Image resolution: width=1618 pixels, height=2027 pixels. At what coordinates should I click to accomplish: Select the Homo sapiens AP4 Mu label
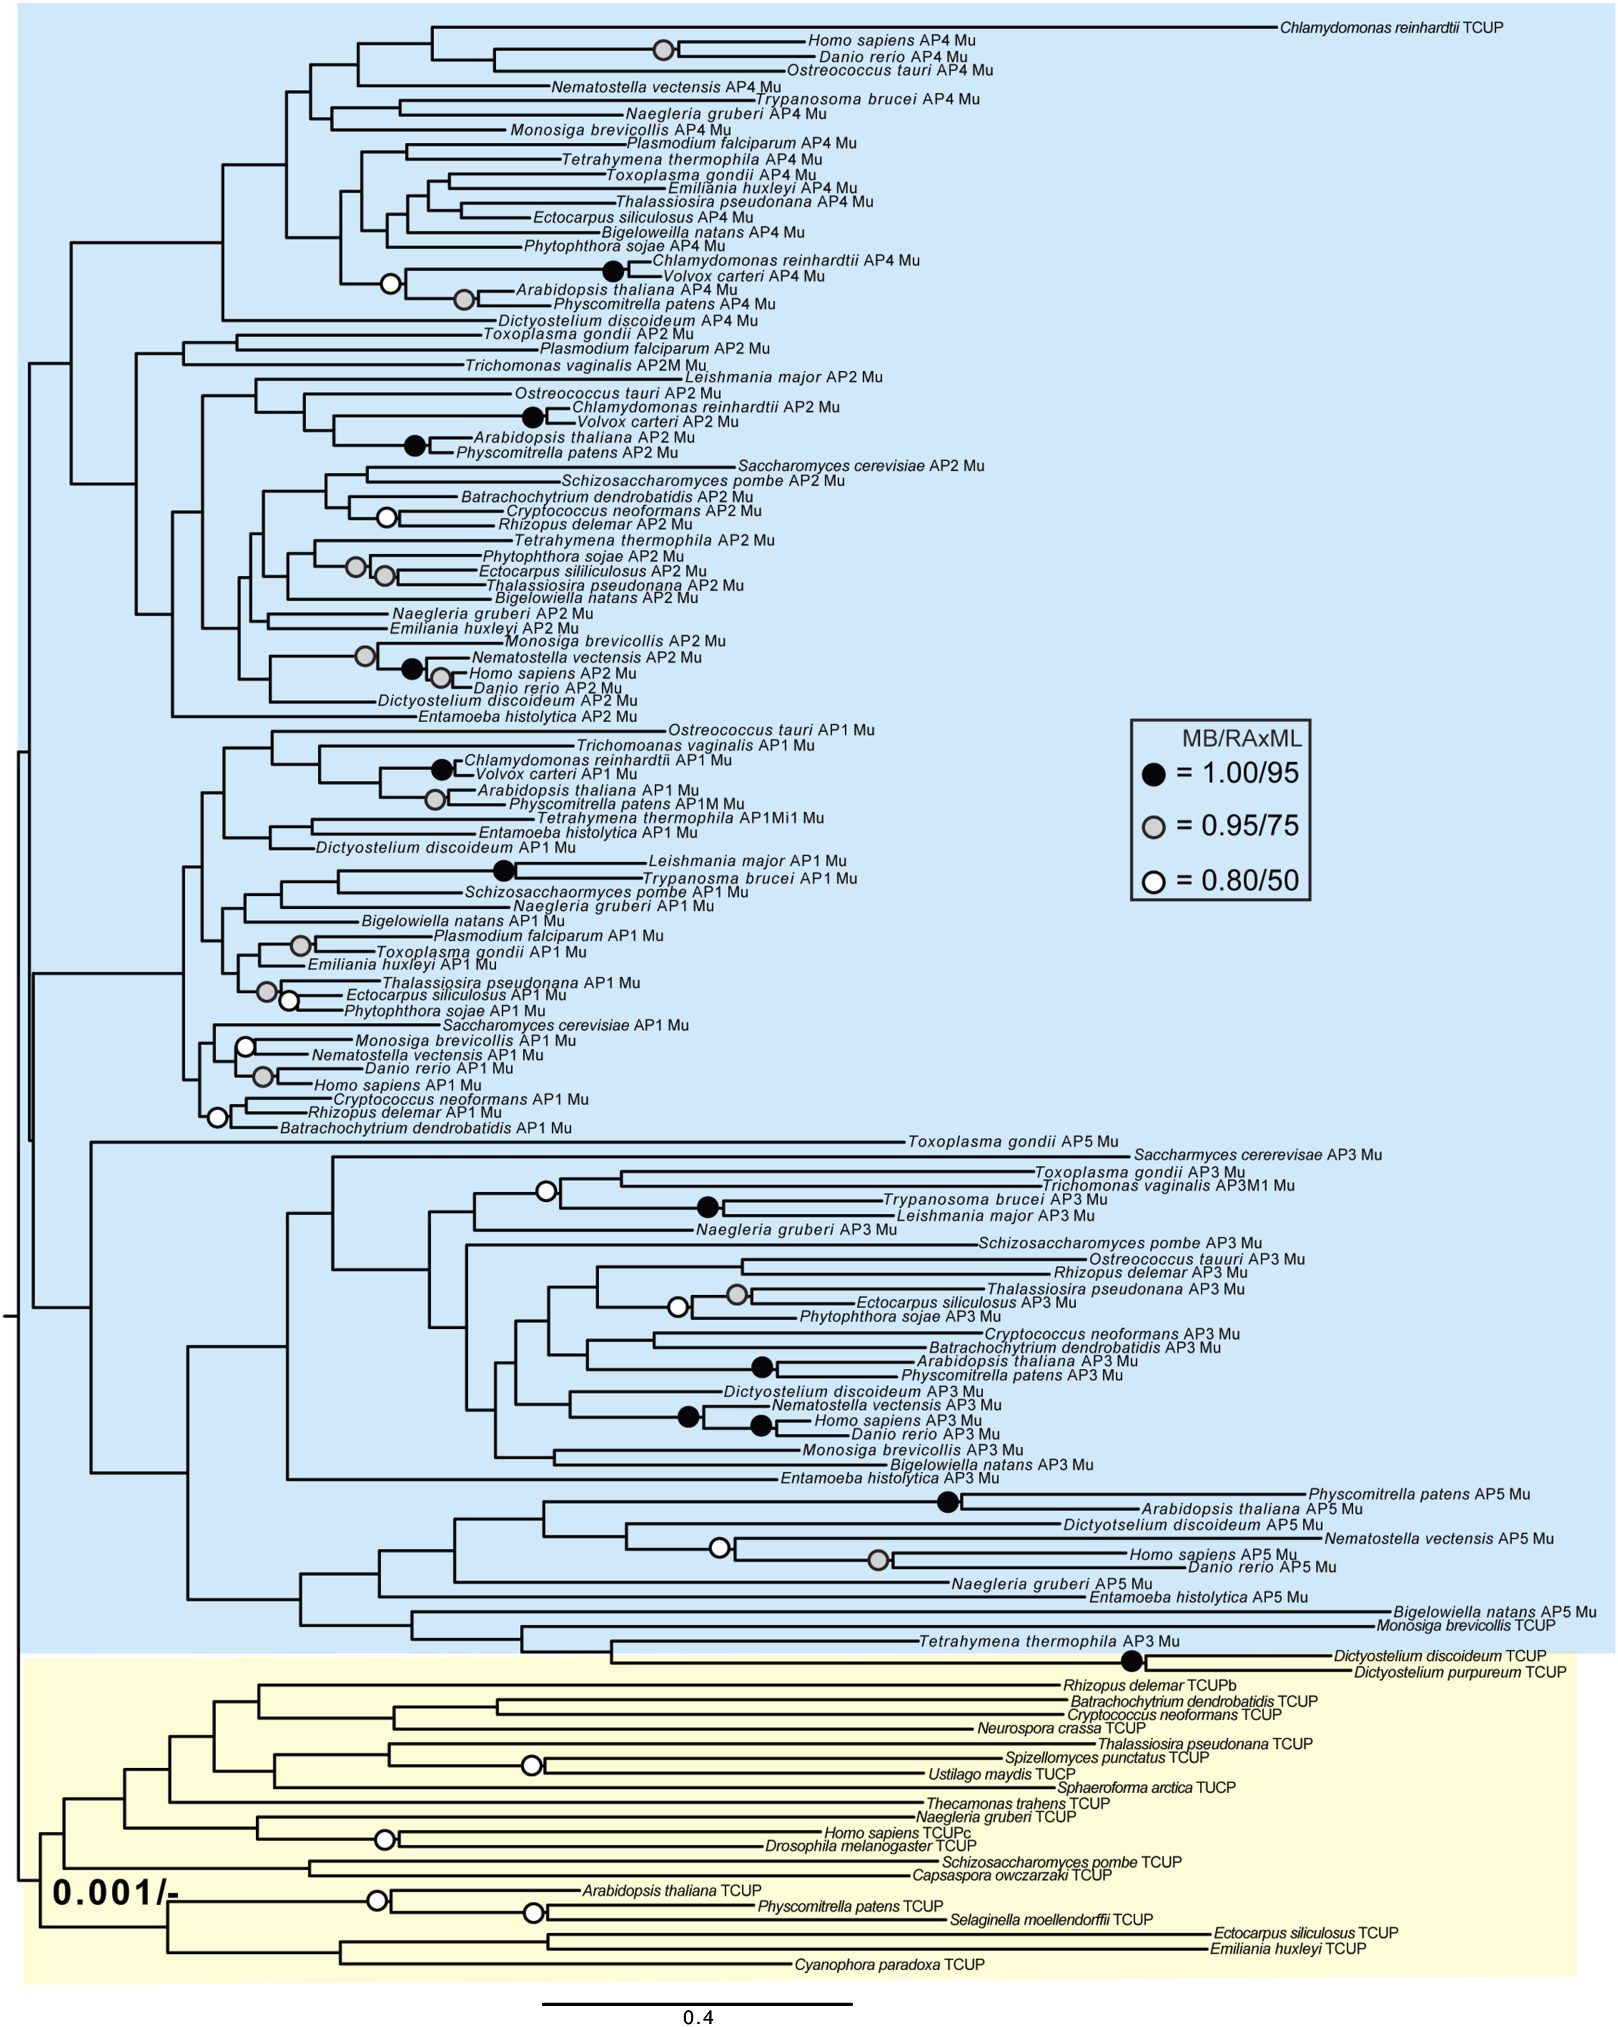[891, 40]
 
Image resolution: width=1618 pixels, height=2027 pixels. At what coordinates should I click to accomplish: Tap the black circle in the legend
[1154, 774]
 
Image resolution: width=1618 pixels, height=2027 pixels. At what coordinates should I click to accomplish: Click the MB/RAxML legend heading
[1241, 738]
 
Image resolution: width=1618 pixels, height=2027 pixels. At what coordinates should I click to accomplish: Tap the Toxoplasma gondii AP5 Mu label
[1012, 1141]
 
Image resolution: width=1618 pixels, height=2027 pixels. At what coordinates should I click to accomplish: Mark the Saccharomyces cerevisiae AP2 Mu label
[860, 466]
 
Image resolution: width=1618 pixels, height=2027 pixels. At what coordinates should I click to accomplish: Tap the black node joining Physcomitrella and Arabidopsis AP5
[948, 1502]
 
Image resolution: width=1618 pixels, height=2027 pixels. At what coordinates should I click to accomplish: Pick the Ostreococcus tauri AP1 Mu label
[771, 730]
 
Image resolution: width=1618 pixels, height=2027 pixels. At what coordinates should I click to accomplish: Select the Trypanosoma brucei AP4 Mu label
[867, 99]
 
